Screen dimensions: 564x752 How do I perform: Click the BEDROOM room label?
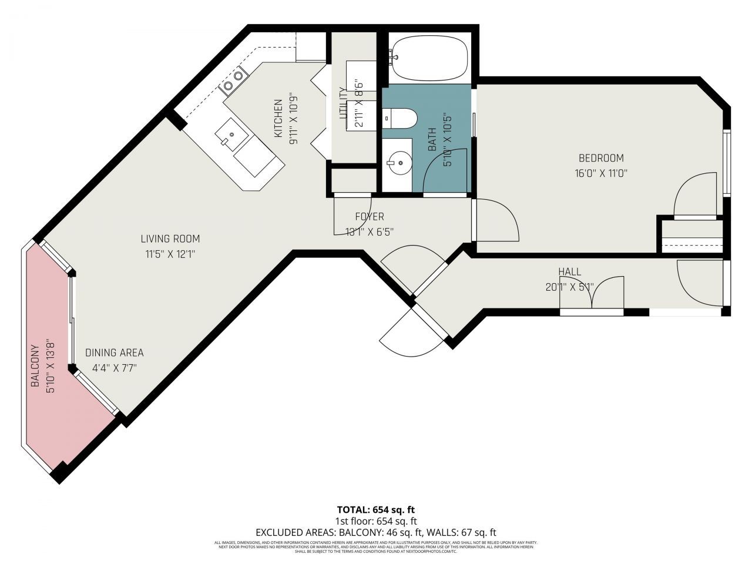click(x=601, y=158)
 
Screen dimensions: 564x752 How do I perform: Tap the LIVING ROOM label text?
click(x=170, y=239)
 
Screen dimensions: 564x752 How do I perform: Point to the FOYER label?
click(x=369, y=217)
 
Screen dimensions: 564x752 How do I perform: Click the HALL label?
click(x=569, y=271)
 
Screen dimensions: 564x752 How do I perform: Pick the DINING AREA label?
click(x=115, y=352)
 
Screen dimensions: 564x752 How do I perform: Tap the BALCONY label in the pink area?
click(x=35, y=365)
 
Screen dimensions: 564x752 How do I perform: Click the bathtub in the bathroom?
click(x=429, y=59)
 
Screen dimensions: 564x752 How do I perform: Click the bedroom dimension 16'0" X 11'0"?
click(x=601, y=173)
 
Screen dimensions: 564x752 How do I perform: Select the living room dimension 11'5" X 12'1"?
click(x=170, y=254)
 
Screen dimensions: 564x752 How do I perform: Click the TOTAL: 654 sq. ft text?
click(x=375, y=509)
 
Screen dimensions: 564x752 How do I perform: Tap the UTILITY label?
click(x=344, y=103)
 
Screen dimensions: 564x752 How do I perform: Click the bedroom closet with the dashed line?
click(x=692, y=241)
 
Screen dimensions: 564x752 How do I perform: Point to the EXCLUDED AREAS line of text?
click(x=375, y=532)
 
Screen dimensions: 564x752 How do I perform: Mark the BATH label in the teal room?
click(x=432, y=140)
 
